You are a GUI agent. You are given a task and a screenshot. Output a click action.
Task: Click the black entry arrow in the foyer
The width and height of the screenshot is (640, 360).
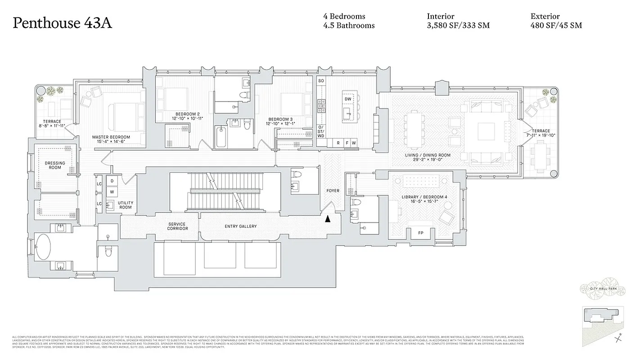tap(328, 219)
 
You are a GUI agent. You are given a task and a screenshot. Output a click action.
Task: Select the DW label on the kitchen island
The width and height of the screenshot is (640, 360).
tap(347, 99)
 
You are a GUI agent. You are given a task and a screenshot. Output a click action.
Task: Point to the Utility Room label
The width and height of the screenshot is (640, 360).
tap(125, 205)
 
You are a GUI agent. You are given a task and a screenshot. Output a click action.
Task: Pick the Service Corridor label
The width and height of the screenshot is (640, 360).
tap(177, 226)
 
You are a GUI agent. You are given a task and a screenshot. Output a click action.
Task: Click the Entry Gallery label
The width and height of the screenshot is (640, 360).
tap(240, 226)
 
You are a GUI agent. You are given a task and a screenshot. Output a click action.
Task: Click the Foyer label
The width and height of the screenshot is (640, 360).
tap(333, 191)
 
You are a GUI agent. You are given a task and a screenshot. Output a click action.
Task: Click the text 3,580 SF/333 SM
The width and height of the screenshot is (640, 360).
tap(458, 26)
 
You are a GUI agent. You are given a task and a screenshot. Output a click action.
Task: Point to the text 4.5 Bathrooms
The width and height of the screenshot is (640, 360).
tap(349, 26)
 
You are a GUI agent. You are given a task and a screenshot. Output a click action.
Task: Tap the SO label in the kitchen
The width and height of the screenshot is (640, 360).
tap(321, 81)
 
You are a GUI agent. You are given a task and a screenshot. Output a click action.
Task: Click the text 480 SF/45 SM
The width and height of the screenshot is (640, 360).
tap(556, 26)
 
